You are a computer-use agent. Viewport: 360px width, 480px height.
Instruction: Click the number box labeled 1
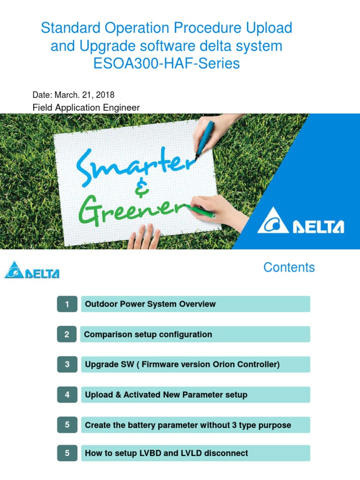[67, 304]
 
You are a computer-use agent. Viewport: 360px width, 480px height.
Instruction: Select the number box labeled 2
[67, 335]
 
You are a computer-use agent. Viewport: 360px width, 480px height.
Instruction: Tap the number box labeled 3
[67, 365]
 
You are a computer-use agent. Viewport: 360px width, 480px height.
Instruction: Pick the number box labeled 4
[67, 395]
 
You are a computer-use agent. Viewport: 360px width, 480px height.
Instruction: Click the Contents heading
[289, 268]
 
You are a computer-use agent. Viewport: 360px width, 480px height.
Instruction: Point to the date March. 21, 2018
[74, 95]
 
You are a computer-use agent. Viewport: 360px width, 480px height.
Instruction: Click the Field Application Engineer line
[86, 108]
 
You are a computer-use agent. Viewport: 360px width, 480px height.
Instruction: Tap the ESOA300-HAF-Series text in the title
[167, 64]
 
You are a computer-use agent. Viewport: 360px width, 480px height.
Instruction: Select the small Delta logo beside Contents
[32, 270]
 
